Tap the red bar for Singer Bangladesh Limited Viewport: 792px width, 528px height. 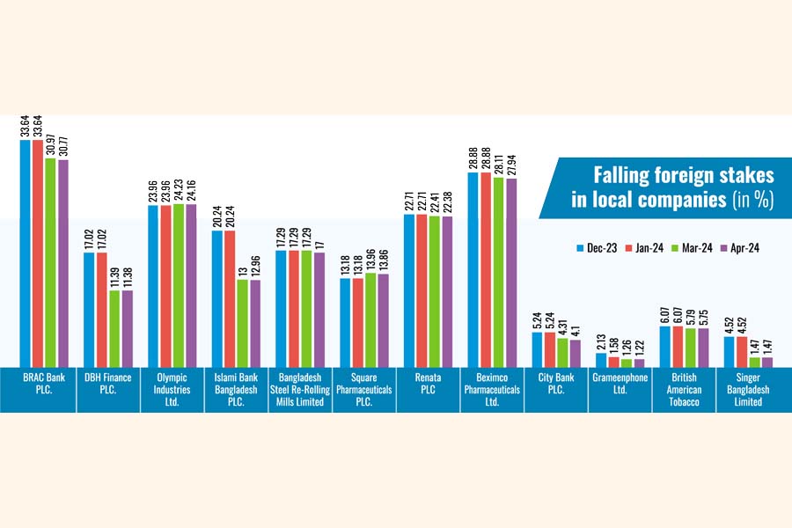click(x=741, y=351)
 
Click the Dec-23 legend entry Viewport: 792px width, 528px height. click(x=598, y=248)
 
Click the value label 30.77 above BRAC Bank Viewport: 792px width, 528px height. click(x=63, y=142)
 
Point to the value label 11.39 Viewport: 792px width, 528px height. click(x=114, y=273)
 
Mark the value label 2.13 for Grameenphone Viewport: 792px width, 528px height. click(x=601, y=341)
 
